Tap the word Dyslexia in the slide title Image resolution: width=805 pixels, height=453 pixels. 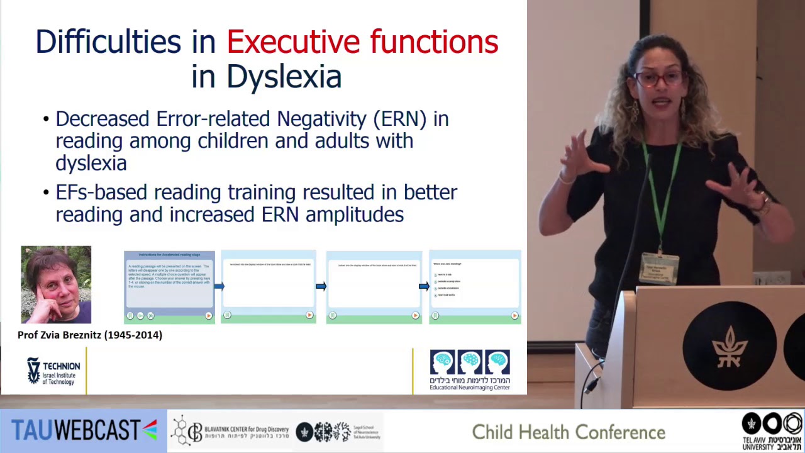(x=284, y=77)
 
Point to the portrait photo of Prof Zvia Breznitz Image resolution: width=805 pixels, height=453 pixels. (x=56, y=284)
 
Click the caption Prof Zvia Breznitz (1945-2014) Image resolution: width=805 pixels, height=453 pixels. (x=90, y=335)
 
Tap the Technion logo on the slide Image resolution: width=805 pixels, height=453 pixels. (x=53, y=371)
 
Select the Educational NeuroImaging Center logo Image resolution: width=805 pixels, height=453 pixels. (x=470, y=370)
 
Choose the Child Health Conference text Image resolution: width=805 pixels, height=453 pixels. (x=569, y=432)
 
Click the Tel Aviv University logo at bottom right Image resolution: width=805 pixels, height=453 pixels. (x=772, y=431)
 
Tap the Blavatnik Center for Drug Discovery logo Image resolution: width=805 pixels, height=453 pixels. (x=231, y=431)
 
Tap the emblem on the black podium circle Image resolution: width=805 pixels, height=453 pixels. (x=730, y=345)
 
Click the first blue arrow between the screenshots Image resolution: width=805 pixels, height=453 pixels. (x=218, y=287)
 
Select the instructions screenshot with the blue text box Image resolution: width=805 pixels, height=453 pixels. (x=169, y=287)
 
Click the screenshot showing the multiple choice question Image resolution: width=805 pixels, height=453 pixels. (x=475, y=287)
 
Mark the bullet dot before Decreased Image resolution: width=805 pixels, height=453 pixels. (x=46, y=120)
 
